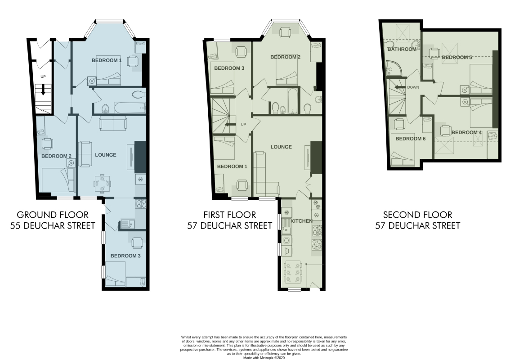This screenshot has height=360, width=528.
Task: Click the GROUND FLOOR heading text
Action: pyautogui.click(x=53, y=215)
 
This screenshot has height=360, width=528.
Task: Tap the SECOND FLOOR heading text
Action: pyautogui.click(x=417, y=215)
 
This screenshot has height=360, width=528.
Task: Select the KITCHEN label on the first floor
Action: pyautogui.click(x=301, y=221)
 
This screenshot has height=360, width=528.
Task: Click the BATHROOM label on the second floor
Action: pyautogui.click(x=402, y=49)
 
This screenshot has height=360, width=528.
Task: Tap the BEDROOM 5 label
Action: pyautogui.click(x=457, y=57)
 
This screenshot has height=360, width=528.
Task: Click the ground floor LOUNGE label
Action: pyautogui.click(x=106, y=155)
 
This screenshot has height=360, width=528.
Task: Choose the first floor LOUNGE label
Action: pyautogui.click(x=281, y=147)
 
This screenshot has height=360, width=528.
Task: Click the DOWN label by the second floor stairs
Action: pyautogui.click(x=413, y=87)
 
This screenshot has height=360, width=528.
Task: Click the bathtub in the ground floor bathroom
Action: pyautogui.click(x=130, y=108)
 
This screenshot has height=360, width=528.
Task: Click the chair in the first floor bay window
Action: pyautogui.click(x=285, y=32)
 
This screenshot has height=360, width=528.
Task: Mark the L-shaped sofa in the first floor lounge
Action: pyautogui.click(x=265, y=175)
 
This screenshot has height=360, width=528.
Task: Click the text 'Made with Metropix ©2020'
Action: pyautogui.click(x=264, y=358)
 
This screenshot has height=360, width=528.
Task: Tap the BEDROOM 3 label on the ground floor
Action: pyautogui.click(x=125, y=256)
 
